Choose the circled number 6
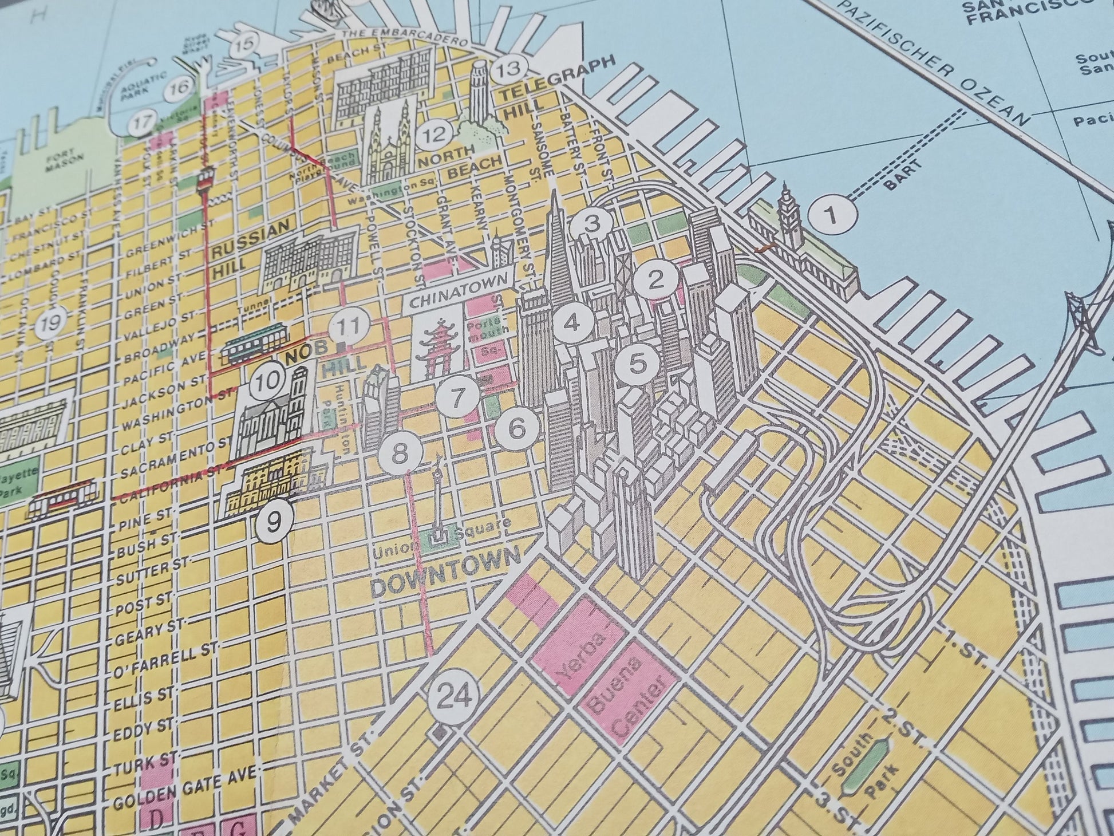[517, 429]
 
